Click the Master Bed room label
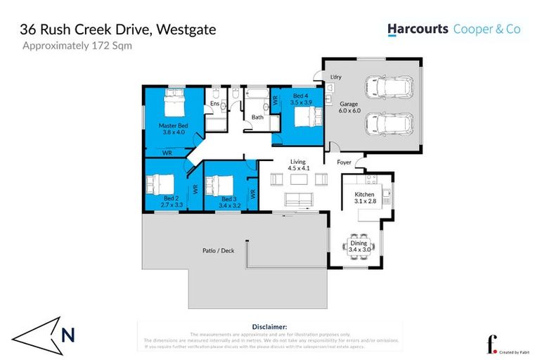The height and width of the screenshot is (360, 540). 172,126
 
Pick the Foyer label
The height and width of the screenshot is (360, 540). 344,162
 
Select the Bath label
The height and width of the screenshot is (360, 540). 258,117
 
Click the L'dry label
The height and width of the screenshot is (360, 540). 336,77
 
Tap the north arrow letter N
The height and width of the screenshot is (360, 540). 68,335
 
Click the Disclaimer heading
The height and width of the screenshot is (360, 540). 269,327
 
